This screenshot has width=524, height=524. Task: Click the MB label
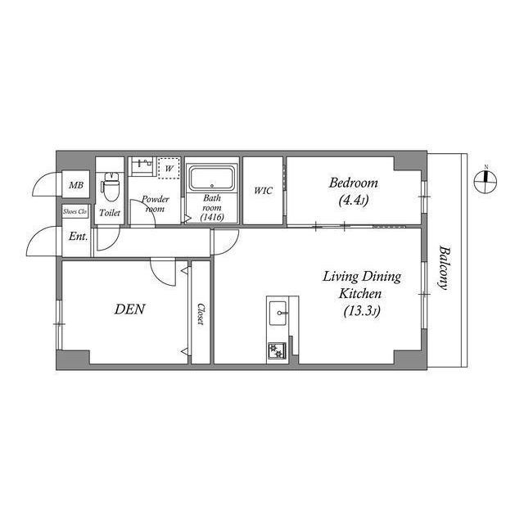point(76,186)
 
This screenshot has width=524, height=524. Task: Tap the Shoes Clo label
point(76,212)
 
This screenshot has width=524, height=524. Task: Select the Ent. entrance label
point(78,237)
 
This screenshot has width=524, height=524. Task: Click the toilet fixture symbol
point(110,187)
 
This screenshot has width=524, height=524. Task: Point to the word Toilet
point(110,213)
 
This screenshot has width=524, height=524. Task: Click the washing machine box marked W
point(169,168)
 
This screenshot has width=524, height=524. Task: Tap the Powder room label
point(155,204)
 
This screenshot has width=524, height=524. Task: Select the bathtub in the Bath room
point(212,178)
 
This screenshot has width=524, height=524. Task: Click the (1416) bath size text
point(212,217)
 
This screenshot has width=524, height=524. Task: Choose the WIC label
point(263,191)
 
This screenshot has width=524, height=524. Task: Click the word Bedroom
point(354,183)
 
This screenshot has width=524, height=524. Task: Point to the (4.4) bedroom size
point(354,199)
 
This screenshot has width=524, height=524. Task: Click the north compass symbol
point(486,180)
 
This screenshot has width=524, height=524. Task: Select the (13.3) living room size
point(360,310)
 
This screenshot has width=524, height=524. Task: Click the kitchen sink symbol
point(278,312)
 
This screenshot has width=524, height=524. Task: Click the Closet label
point(201,314)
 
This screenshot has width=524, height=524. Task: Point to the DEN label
point(129,309)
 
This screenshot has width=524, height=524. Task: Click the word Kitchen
point(360,293)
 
